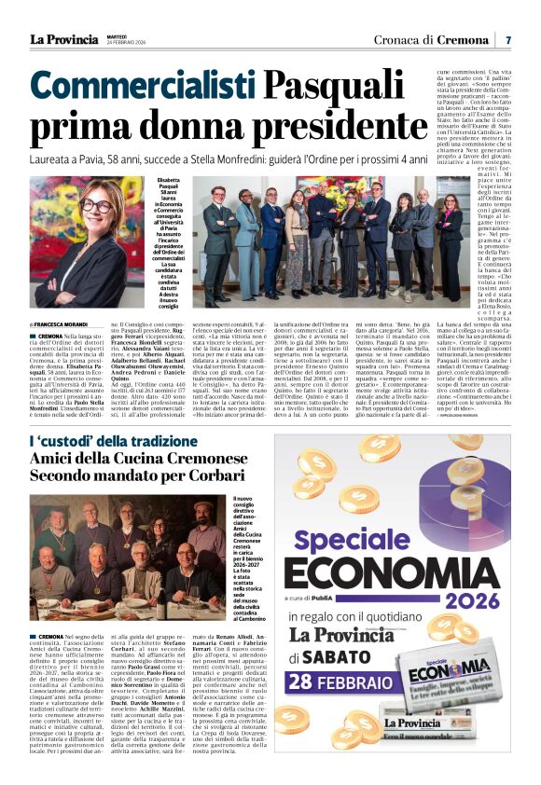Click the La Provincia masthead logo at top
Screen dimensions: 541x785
tap(63, 38)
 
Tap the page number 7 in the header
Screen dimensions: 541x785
tap(508, 39)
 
